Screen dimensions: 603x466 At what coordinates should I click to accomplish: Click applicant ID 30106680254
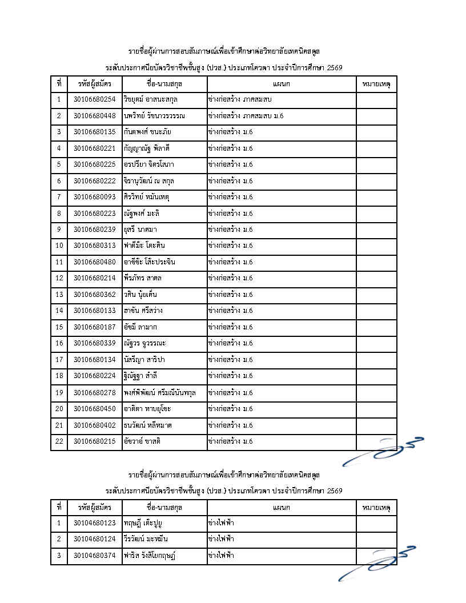[95, 99]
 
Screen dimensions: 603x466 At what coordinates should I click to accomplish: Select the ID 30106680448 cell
[95, 116]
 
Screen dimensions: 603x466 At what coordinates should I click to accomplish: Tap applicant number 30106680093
[95, 197]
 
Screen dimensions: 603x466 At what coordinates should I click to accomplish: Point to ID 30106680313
[95, 246]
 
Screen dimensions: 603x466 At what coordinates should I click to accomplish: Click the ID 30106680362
[95, 295]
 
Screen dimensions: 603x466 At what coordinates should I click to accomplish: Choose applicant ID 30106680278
[95, 392]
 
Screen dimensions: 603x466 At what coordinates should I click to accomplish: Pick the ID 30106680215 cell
[95, 441]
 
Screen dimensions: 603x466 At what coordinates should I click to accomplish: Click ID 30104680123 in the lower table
[95, 522]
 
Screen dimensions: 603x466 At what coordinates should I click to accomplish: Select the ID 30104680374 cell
[95, 555]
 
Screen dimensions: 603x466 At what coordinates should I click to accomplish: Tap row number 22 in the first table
[59, 441]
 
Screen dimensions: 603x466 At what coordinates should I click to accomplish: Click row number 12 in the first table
[59, 278]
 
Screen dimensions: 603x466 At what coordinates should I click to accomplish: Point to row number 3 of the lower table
[59, 555]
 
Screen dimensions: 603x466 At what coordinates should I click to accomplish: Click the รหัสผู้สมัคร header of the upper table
[95, 83]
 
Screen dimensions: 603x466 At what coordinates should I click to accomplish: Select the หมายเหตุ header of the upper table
[376, 83]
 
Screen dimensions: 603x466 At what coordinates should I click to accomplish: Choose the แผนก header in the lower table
[282, 507]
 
